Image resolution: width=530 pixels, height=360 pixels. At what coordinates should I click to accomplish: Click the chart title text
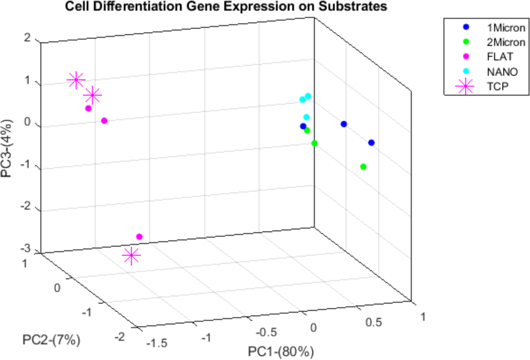click(x=226, y=7)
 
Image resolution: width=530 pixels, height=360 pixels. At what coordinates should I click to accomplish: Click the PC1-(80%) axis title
click(x=281, y=351)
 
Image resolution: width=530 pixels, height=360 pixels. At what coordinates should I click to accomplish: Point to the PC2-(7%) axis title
click(x=51, y=339)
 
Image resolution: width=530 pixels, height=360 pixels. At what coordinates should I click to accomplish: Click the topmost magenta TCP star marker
click(x=76, y=80)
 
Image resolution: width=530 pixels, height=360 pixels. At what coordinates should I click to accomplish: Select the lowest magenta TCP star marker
click(x=131, y=256)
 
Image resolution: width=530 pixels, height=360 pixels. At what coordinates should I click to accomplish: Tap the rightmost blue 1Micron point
click(x=371, y=142)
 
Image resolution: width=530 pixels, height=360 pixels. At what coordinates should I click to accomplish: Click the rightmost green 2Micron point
click(x=363, y=167)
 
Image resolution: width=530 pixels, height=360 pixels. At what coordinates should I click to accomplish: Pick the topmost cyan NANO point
click(x=308, y=96)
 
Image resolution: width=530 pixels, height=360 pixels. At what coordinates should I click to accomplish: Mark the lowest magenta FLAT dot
click(x=139, y=236)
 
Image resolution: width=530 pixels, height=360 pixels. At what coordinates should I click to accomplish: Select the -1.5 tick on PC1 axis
click(x=156, y=343)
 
